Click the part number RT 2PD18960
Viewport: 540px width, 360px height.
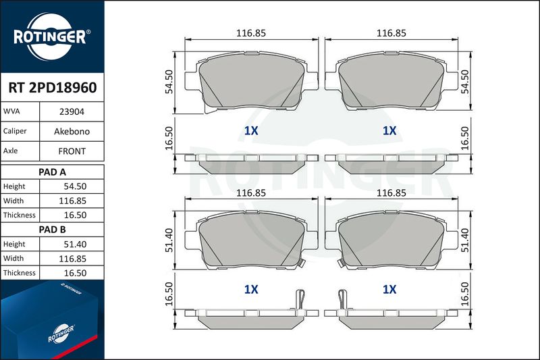pyautogui.click(x=53, y=88)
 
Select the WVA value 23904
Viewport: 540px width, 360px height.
pyautogui.click(x=72, y=111)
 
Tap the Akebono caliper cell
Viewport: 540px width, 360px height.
pyautogui.click(x=72, y=131)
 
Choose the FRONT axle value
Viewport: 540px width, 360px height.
pyautogui.click(x=72, y=151)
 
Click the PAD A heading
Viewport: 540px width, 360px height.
pyautogui.click(x=52, y=172)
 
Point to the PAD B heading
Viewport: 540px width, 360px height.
pyautogui.click(x=52, y=230)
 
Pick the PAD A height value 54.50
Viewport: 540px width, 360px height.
pyautogui.click(x=75, y=186)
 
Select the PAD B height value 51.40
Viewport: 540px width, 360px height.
pyautogui.click(x=75, y=245)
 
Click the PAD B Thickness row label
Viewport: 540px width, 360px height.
pyautogui.click(x=20, y=273)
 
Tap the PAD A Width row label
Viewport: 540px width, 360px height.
pyautogui.click(x=13, y=201)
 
